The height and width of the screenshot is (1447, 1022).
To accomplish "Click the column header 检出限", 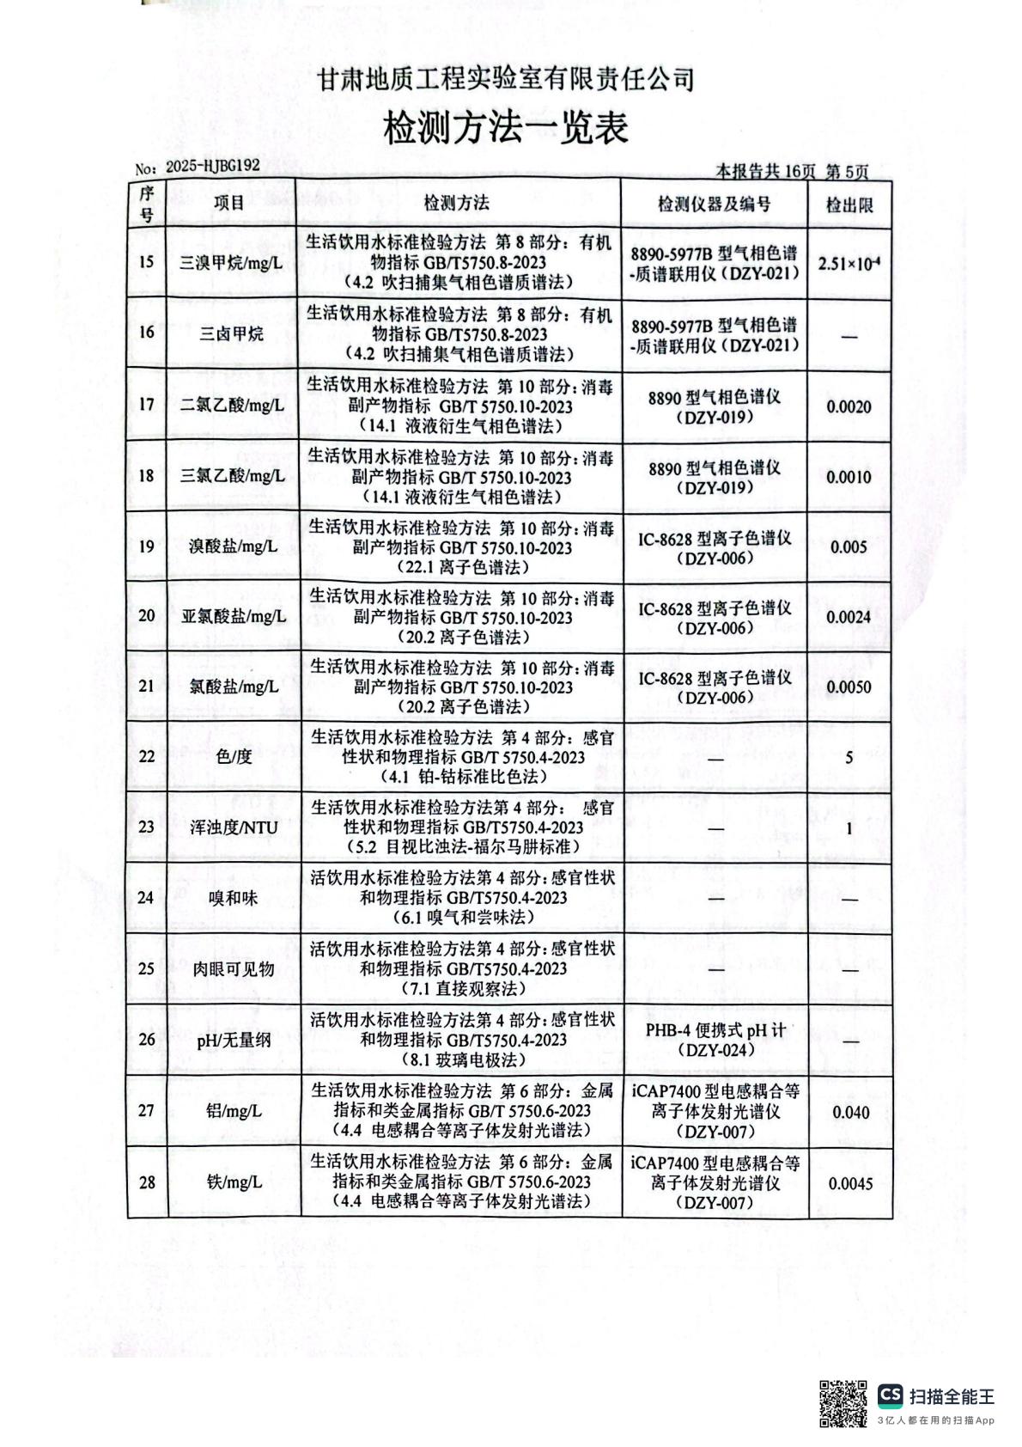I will pyautogui.click(x=849, y=205).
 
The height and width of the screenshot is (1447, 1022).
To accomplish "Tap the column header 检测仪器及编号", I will pyautogui.click(x=714, y=204).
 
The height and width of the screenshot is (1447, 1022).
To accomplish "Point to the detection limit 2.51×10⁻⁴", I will pyautogui.click(x=849, y=263).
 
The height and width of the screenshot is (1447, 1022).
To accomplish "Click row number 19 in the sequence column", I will pyautogui.click(x=147, y=546).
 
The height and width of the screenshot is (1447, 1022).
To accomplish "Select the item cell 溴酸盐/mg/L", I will pyautogui.click(x=233, y=546).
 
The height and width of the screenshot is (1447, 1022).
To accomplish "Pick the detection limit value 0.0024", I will pyautogui.click(x=849, y=617).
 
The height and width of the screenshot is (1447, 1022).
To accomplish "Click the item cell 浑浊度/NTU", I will pyautogui.click(x=233, y=827).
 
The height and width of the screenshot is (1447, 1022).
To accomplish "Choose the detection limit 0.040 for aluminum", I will pyautogui.click(x=850, y=1113).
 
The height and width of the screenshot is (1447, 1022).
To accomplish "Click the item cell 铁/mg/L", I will pyautogui.click(x=233, y=1182).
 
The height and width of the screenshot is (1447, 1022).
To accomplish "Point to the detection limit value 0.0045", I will pyautogui.click(x=850, y=1184).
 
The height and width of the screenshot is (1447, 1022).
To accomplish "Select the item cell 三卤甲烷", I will pyautogui.click(x=232, y=333).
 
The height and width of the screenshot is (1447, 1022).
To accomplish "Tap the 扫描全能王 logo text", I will pyautogui.click(x=952, y=1396).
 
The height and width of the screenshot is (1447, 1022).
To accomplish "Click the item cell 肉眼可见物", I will pyautogui.click(x=233, y=969).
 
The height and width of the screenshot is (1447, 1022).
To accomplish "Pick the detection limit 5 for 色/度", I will pyautogui.click(x=849, y=758).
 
